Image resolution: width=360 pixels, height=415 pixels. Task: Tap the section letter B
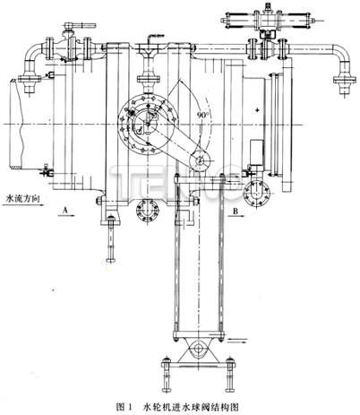234,211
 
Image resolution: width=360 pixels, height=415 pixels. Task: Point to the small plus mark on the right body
257,108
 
